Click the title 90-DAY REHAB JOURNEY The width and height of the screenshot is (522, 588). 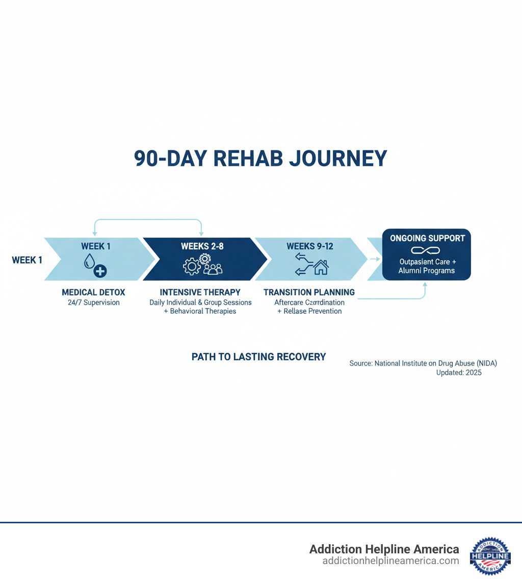pyautogui.click(x=260, y=158)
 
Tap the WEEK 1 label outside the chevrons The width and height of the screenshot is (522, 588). pyautogui.click(x=27, y=260)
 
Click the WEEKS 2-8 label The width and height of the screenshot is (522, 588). pyautogui.click(x=202, y=246)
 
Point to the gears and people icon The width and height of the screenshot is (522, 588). pyautogui.click(x=203, y=265)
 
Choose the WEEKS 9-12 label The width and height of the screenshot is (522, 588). pyautogui.click(x=309, y=246)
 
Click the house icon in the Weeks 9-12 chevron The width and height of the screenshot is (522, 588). pyautogui.click(x=321, y=267)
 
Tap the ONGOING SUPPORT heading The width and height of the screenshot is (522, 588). pyautogui.click(x=427, y=238)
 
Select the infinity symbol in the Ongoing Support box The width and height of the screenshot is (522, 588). pyautogui.click(x=426, y=250)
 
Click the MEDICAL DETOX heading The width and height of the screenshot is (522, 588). pyautogui.click(x=93, y=292)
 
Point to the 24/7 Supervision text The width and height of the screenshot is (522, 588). pyautogui.click(x=93, y=303)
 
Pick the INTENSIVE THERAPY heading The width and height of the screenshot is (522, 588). pyautogui.click(x=200, y=292)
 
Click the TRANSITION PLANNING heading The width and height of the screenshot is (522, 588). pyautogui.click(x=309, y=292)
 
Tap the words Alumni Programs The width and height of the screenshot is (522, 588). pyautogui.click(x=426, y=271)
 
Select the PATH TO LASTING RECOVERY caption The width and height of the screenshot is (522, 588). pyautogui.click(x=258, y=357)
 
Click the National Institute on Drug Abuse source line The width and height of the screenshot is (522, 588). pyautogui.click(x=423, y=363)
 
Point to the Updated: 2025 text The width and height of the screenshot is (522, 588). pyautogui.click(x=458, y=372)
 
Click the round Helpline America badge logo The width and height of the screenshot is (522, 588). pyautogui.click(x=490, y=555)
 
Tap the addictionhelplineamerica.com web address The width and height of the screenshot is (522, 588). pyautogui.click(x=390, y=561)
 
